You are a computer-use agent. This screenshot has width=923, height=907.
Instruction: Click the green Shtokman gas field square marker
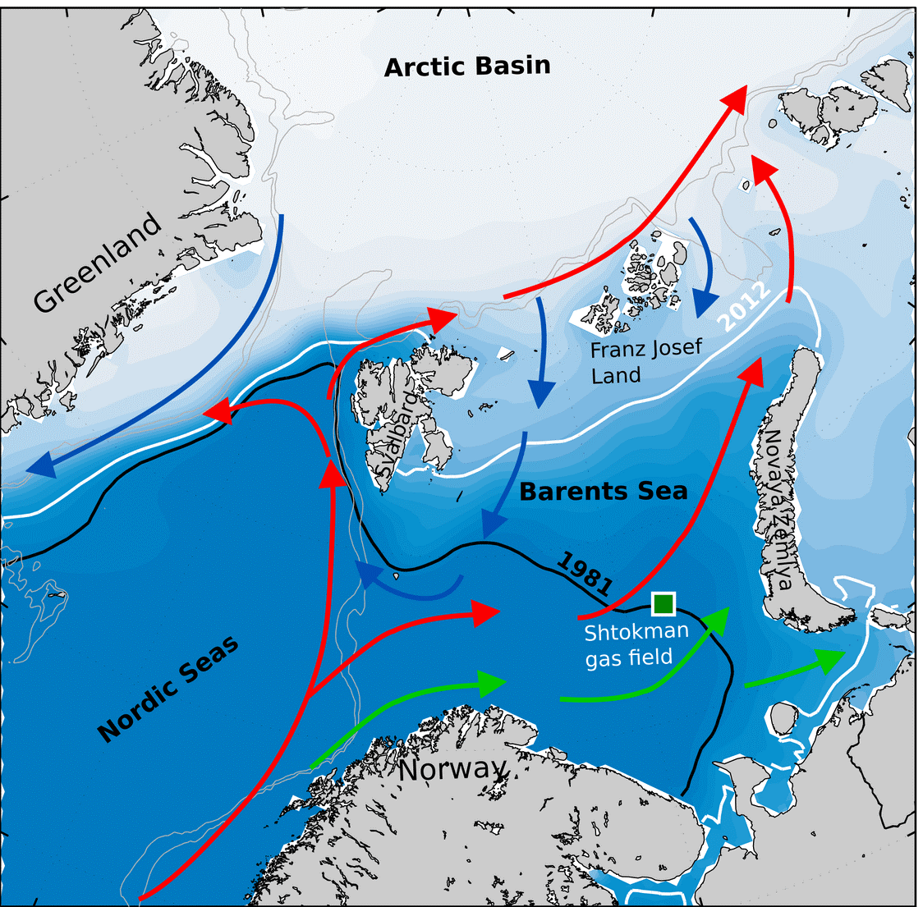(x=663, y=604)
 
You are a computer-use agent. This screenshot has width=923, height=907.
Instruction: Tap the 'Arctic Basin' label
(x=467, y=66)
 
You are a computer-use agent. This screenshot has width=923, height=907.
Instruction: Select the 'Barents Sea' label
(x=603, y=491)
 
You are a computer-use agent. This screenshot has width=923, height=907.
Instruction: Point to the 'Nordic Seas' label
(x=169, y=689)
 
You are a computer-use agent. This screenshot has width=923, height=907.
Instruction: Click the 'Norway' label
(x=452, y=770)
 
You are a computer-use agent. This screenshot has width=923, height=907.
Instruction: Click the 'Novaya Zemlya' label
(x=777, y=509)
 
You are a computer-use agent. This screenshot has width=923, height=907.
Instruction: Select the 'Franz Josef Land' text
(x=646, y=361)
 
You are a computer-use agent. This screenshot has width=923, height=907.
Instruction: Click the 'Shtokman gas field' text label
(x=636, y=644)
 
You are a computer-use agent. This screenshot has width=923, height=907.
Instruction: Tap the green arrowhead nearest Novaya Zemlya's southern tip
(x=829, y=658)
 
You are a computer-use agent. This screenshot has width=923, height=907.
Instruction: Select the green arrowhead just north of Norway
(x=491, y=682)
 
